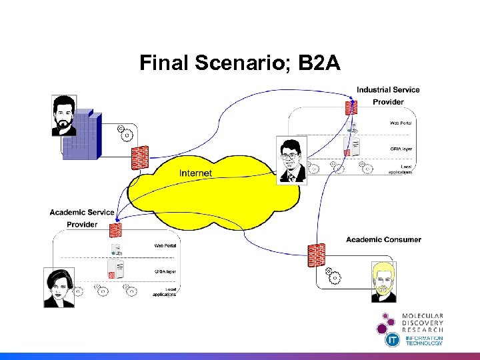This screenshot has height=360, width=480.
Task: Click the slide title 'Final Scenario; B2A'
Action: [x=240, y=63]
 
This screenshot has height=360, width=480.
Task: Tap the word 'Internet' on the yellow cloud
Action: [x=195, y=173]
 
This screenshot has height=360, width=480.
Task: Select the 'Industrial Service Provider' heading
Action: [x=388, y=95]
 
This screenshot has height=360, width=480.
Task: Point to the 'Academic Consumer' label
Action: [x=383, y=240]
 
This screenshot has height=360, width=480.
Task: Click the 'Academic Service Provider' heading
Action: [x=82, y=218]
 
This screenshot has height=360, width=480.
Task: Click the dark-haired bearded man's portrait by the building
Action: [x=64, y=115]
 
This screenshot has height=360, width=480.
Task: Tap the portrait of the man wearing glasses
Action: [x=291, y=159]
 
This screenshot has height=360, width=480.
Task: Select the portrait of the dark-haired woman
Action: [x=59, y=287]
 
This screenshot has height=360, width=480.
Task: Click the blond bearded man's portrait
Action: [x=383, y=281]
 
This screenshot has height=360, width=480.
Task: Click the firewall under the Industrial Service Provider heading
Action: [x=349, y=107]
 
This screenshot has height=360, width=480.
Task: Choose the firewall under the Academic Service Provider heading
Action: [x=115, y=231]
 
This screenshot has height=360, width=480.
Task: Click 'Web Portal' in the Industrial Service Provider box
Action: [x=401, y=123]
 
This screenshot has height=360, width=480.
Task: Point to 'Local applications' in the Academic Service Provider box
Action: [x=164, y=291]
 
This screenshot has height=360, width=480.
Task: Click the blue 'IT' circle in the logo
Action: [x=393, y=340]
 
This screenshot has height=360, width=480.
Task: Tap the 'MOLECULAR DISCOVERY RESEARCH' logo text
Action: [x=422, y=323]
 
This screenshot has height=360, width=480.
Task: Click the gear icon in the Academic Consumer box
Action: [x=333, y=274]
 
